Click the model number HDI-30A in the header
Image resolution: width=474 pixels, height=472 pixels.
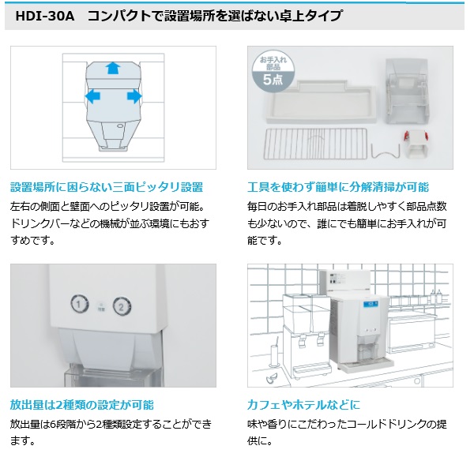(45, 16)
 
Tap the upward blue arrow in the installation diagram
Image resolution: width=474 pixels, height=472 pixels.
(113, 68)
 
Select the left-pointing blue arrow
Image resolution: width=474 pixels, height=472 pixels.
(92, 96)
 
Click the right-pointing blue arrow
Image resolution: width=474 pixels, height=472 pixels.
(134, 96)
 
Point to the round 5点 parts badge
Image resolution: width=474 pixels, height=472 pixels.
(273, 71)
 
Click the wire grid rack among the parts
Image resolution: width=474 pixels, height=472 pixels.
(315, 144)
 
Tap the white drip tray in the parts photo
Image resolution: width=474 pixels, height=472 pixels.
(321, 102)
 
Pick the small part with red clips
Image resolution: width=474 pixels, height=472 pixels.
(416, 144)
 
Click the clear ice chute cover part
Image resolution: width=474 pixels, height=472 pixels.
(407, 92)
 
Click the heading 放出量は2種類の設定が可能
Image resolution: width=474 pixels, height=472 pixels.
(82, 405)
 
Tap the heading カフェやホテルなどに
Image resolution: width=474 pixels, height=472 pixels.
(304, 405)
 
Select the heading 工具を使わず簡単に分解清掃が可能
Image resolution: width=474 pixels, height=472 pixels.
(338, 187)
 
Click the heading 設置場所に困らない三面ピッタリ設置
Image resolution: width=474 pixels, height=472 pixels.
(107, 187)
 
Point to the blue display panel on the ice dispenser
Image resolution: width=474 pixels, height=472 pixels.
(371, 304)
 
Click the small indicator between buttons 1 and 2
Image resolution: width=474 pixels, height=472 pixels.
(102, 307)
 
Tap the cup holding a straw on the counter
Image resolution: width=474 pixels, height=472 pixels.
(274, 355)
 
